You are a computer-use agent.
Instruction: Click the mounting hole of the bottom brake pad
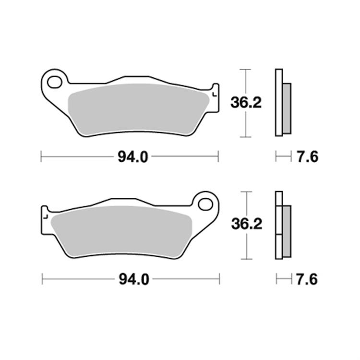pyautogui.click(x=206, y=203)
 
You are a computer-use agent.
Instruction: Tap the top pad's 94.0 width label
pyautogui.click(x=130, y=156)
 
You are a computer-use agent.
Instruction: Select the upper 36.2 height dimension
pyautogui.click(x=246, y=102)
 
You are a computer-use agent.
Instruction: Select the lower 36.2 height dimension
pyautogui.click(x=246, y=225)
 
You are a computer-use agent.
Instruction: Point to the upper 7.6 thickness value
pyautogui.click(x=307, y=156)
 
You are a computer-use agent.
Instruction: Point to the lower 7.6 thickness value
pyautogui.click(x=307, y=279)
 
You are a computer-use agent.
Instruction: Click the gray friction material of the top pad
pyautogui.click(x=137, y=108)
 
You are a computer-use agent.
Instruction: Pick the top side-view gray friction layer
pyautogui.click(x=286, y=108)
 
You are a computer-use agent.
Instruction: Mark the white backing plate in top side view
pyautogui.click(x=278, y=102)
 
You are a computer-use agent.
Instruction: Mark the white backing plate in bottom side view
pyautogui.click(x=278, y=225)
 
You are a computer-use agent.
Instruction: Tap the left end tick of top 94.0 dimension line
pyautogui.click(x=42, y=156)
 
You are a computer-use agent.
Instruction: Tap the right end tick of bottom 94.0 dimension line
pyautogui.click(x=219, y=278)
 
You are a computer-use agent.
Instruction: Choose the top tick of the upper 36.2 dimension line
pyautogui.click(x=246, y=70)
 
